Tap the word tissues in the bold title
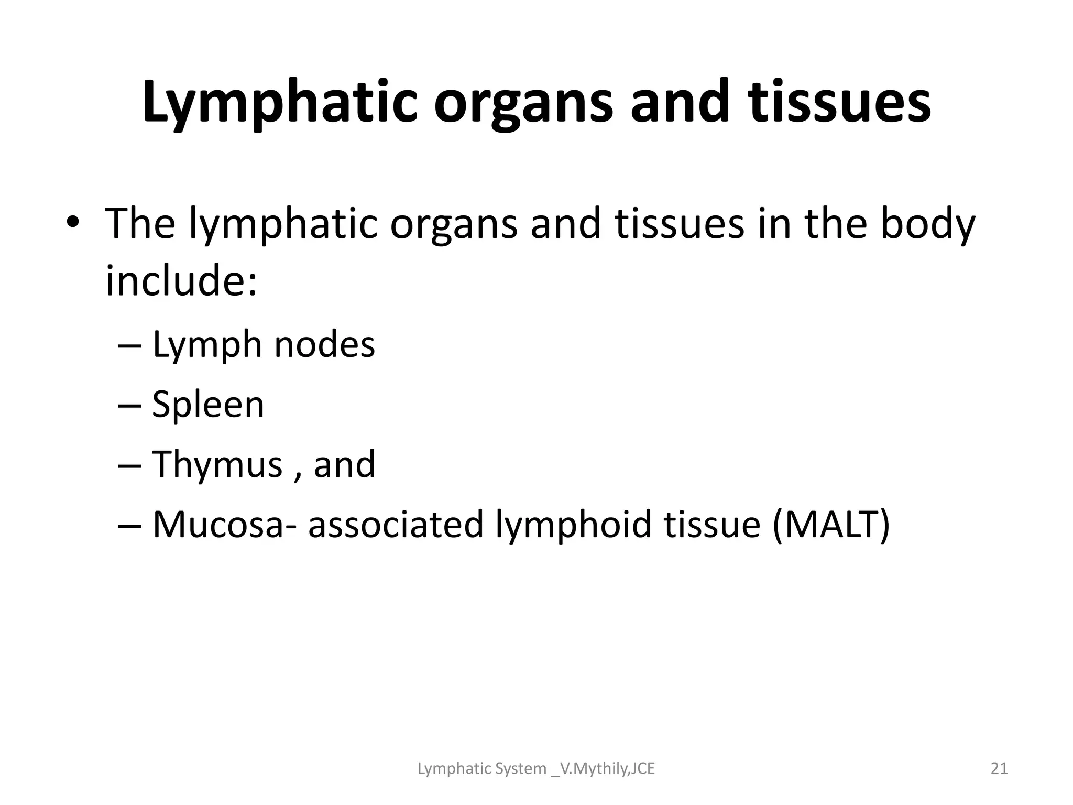[x=840, y=102]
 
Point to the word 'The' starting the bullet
[x=140, y=224]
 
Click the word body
[x=927, y=224]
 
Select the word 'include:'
[x=181, y=280]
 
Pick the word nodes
[x=325, y=345]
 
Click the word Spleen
[x=208, y=405]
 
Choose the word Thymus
[x=217, y=465]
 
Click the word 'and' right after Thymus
[x=344, y=464]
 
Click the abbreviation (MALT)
[x=831, y=524]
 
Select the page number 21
[x=999, y=769]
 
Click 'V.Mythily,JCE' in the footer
[x=607, y=769]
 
